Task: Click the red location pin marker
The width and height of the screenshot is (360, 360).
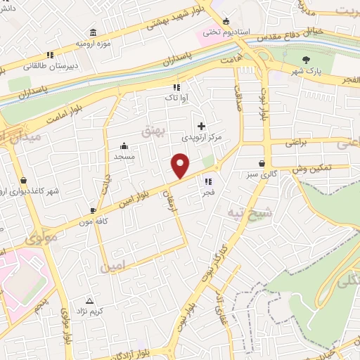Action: tap(181, 165)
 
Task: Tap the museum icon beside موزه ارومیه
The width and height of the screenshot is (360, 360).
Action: tap(94, 32)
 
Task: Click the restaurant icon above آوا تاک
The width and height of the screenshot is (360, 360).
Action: tap(176, 88)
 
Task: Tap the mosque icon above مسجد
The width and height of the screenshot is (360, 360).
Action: tap(124, 146)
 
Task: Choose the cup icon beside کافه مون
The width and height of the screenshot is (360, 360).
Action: tap(93, 210)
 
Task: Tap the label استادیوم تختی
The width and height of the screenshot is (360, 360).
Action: tap(221, 32)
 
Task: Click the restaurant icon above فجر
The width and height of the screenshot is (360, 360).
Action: tap(207, 181)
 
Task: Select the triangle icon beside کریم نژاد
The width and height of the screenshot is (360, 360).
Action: tap(89, 300)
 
